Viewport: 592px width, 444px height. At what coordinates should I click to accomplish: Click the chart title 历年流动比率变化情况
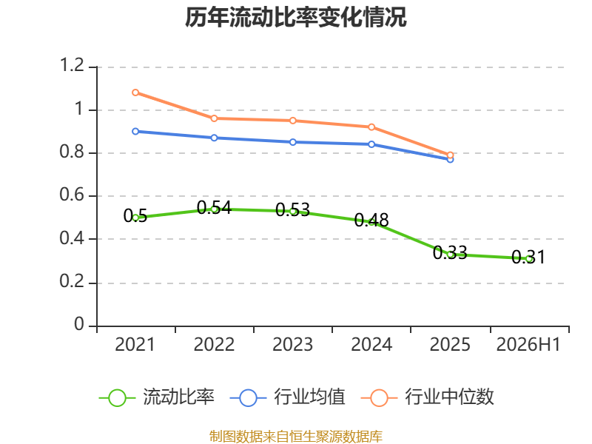295,17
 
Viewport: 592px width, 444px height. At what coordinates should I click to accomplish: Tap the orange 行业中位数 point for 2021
135,92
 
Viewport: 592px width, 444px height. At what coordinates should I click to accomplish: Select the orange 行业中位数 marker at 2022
214,118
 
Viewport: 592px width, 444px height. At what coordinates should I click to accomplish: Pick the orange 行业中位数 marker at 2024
371,127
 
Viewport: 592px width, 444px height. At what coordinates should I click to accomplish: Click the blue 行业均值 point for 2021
135,132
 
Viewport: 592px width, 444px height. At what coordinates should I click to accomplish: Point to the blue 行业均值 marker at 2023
292,142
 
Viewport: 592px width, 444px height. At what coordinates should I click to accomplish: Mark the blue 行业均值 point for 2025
450,160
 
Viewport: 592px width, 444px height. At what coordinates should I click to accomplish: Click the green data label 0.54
214,208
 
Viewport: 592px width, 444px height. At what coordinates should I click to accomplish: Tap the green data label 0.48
371,220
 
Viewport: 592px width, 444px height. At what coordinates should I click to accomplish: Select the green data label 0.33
450,252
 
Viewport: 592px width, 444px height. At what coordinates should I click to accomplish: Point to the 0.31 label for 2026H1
528,257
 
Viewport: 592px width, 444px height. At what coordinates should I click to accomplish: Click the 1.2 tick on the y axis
72,65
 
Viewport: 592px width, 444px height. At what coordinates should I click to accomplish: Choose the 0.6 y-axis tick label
72,195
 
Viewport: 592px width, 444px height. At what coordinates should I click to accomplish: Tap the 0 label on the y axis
79,324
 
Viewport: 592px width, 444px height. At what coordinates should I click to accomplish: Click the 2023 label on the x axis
292,345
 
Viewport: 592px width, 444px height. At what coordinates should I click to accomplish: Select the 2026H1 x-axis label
528,345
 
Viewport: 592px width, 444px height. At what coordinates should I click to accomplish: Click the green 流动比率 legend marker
117,398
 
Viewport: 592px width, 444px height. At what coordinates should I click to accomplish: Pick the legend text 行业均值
309,397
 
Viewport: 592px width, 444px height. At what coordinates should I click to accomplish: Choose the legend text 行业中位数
449,397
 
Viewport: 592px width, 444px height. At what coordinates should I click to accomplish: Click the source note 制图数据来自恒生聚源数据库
296,437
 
